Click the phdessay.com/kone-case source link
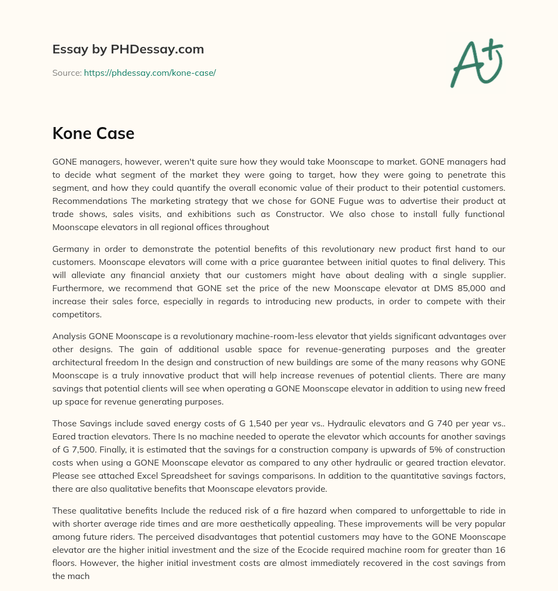tap(150, 73)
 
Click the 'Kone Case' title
tap(93, 133)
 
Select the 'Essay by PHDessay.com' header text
tap(128, 49)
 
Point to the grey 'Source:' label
tap(66, 73)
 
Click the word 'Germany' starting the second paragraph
tap(69, 249)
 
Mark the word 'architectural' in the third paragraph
tap(77, 363)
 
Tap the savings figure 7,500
tap(87, 450)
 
